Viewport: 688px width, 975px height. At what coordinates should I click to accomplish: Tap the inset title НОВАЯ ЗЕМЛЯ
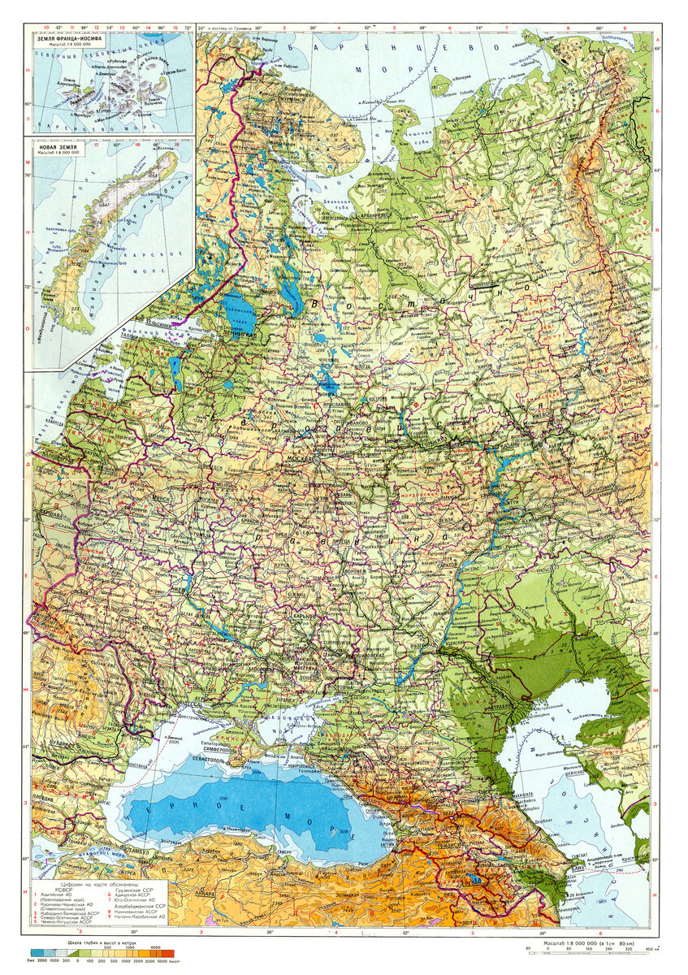click(x=56, y=149)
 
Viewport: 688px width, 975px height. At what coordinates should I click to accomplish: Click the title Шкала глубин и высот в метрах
click(x=99, y=941)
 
